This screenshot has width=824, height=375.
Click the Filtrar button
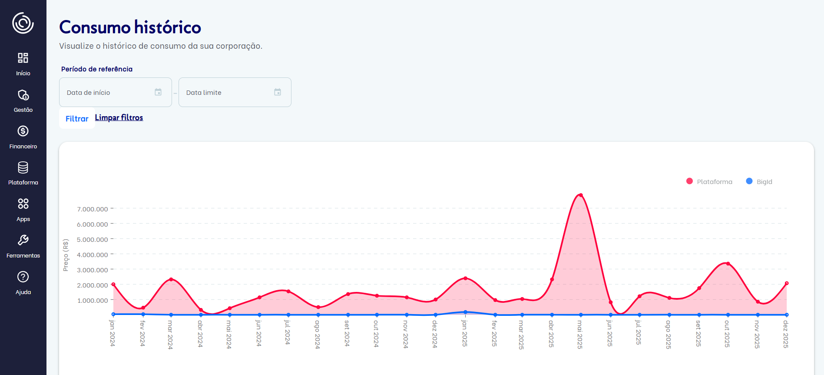click(77, 119)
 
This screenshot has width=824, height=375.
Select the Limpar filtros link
click(119, 117)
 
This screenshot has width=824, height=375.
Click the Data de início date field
click(109, 92)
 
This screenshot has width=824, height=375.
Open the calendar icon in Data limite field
click(278, 92)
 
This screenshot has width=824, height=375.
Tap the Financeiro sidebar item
click(23, 137)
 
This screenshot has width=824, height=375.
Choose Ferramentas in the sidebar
click(23, 246)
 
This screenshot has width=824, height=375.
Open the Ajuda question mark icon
click(23, 277)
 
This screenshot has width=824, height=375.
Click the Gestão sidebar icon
click(23, 95)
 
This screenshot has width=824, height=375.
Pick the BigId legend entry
click(759, 181)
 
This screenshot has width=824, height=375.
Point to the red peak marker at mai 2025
click(581, 195)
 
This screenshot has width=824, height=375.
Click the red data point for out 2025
click(728, 264)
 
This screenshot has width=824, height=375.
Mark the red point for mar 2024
click(171, 279)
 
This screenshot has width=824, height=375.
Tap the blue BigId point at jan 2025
click(465, 312)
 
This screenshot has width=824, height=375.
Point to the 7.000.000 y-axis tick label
click(93, 209)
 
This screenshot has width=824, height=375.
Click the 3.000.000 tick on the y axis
click(93, 270)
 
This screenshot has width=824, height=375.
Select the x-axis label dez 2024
click(435, 334)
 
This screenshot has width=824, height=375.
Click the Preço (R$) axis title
click(66, 255)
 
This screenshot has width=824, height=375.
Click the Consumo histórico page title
click(130, 27)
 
